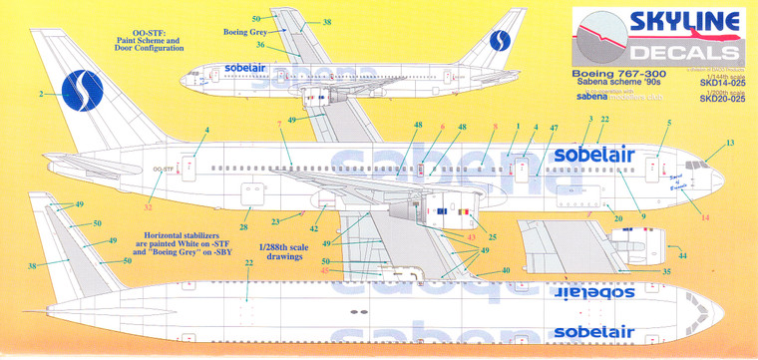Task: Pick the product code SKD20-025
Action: click(x=721, y=100)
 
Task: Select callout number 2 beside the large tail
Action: click(x=41, y=95)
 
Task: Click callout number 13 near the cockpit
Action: click(x=729, y=143)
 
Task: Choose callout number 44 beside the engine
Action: click(x=682, y=256)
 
